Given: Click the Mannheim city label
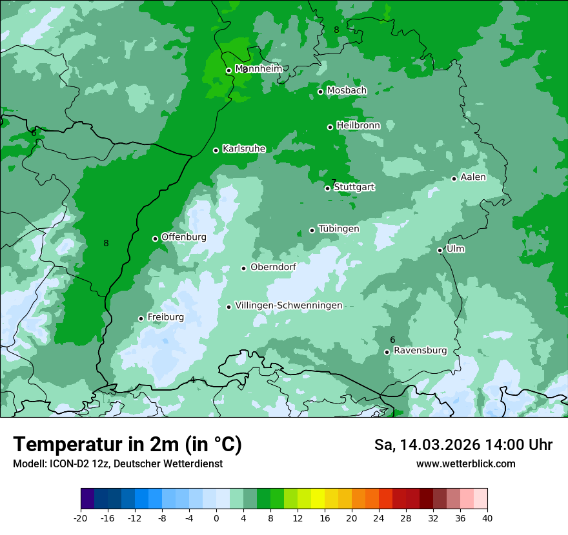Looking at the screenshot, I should coord(258,68).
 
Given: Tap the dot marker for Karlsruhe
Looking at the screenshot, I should coord(216,150).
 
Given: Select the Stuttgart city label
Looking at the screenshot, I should coord(354,187).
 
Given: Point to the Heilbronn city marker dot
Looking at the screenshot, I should coord(330,127).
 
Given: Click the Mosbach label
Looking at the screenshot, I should coord(347,91).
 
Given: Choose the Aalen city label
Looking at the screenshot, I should coord(473,177).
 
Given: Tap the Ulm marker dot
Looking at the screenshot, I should coord(440,250).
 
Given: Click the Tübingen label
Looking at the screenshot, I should coord(339,229).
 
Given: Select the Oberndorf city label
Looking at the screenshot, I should coord(273,267).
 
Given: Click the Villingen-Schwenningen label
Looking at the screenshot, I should coord(289,306).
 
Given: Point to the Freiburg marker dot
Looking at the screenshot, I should coord(141,318).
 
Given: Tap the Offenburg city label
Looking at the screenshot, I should coord(184,237).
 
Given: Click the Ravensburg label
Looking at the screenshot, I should coord(420,351).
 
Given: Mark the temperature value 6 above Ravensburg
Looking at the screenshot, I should coord(392,340).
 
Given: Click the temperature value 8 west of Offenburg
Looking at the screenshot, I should coord(106,243).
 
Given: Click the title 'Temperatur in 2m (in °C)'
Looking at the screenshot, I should coord(127,444).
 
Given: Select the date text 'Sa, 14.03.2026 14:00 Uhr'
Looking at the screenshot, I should coord(463,445).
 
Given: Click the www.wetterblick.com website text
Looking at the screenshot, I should coord(465,463).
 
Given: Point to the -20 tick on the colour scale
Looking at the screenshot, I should coord(81,518).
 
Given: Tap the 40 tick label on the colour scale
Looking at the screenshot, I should coord(487,518).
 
